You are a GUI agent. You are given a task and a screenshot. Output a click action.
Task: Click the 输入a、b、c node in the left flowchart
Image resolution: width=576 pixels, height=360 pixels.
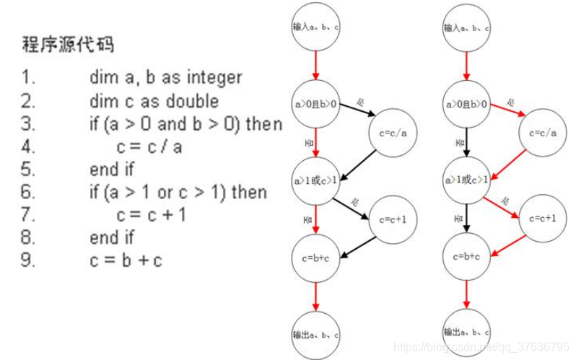pos(315,27)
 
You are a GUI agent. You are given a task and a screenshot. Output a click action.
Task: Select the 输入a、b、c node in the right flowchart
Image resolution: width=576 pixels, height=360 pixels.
pos(466,29)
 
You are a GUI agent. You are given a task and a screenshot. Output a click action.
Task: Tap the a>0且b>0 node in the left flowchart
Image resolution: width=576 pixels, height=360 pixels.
pos(315,105)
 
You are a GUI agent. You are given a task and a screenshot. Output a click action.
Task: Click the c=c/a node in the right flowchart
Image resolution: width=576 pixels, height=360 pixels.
pos(542,133)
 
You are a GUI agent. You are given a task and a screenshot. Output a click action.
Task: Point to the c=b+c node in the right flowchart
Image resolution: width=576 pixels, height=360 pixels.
pos(466,256)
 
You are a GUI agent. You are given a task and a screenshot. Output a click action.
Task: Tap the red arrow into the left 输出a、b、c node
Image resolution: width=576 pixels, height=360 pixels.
pos(315,295)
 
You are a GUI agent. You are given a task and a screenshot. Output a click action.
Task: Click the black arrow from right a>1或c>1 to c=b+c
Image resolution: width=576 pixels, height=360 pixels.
pos(466,218)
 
